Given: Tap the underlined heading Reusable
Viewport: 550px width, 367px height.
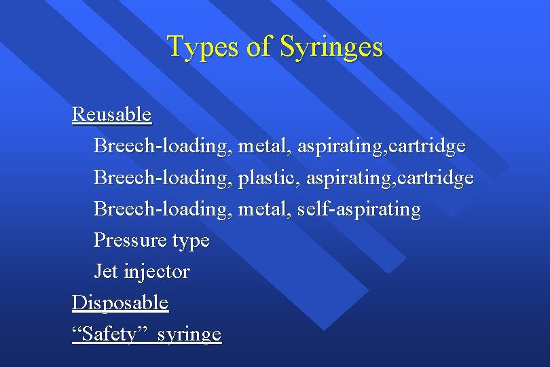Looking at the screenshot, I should click(x=111, y=114).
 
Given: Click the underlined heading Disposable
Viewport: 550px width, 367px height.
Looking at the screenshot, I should click(x=120, y=302).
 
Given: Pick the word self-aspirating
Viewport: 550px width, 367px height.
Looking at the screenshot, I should click(x=359, y=209).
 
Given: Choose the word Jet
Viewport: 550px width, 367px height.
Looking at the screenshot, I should click(x=106, y=271).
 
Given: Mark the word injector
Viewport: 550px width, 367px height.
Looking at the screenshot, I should click(x=157, y=272).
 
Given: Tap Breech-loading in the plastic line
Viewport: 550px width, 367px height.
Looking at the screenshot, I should click(x=163, y=177).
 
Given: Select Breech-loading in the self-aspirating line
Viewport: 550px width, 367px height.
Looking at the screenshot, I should click(x=163, y=209).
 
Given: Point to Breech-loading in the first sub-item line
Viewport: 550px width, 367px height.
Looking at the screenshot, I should click(x=163, y=146).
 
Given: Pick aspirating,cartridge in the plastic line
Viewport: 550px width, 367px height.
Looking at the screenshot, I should click(x=390, y=177).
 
